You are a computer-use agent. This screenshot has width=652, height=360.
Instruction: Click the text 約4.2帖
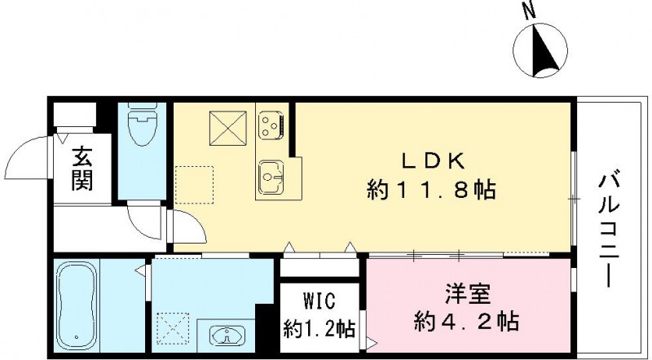click(x=465, y=322)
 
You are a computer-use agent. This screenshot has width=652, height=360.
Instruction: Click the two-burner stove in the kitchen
click(x=270, y=124)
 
